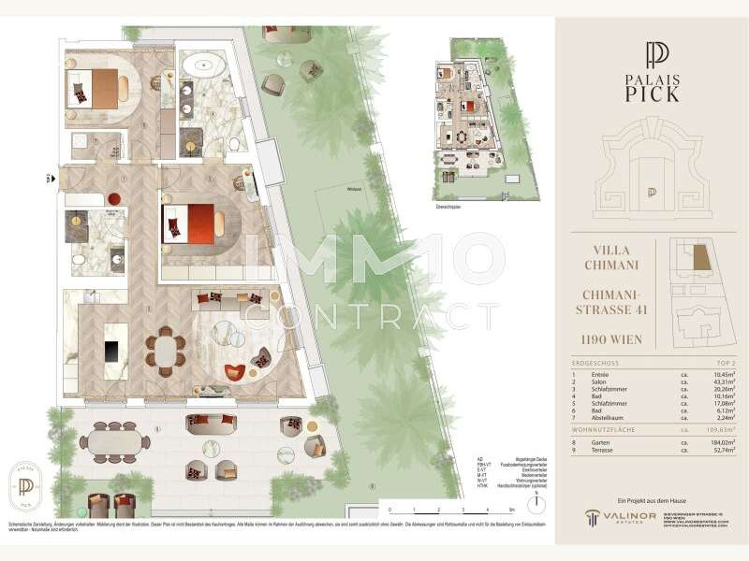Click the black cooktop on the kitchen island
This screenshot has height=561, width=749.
click(110, 351)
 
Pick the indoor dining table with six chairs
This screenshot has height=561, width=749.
click(167, 352)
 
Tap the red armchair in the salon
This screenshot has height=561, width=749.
click(234, 372)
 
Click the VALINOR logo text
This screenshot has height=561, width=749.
click(622, 515)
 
